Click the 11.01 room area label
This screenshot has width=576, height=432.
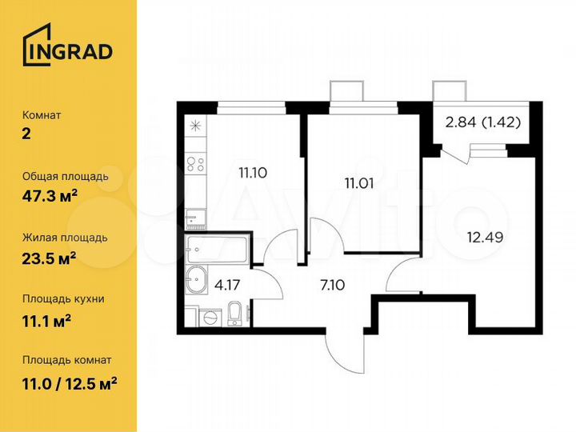click(360, 182)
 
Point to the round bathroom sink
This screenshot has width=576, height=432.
click(195, 280)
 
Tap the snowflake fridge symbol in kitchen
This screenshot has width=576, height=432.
click(194, 125)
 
